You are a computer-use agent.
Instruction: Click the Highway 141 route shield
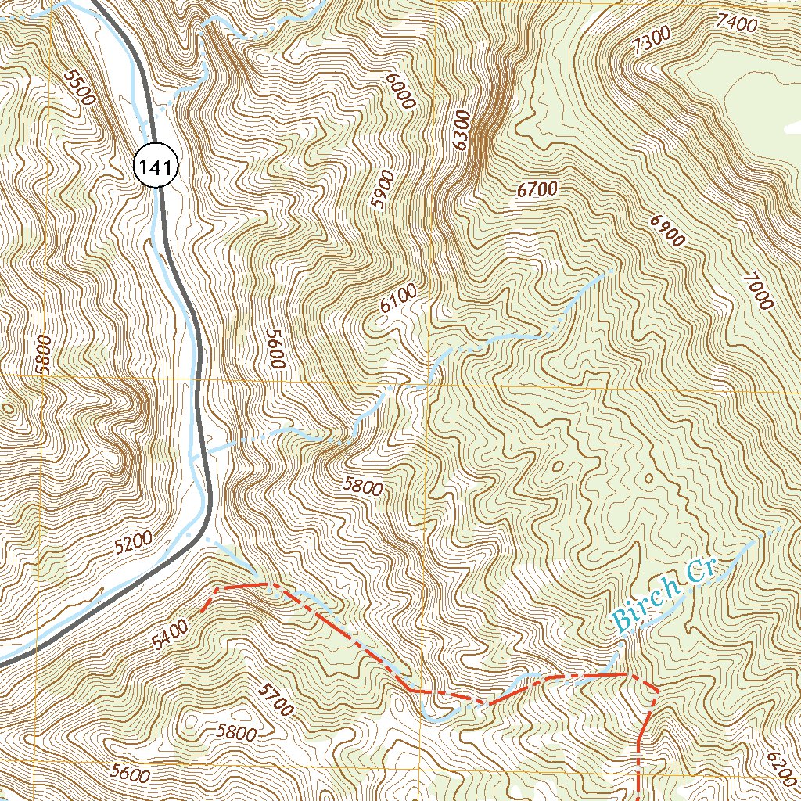tap(157, 165)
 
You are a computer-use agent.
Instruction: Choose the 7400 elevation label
tap(736, 24)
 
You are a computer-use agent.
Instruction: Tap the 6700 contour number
tap(537, 189)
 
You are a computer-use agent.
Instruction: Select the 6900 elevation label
tap(666, 230)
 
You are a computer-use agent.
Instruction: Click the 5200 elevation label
tap(132, 544)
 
